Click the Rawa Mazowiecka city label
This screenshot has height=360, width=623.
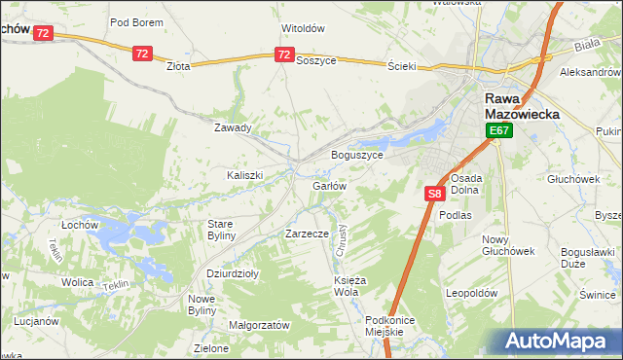click(522, 106)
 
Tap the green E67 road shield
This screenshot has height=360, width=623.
click(499, 131)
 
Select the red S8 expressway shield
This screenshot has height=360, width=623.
click(435, 196)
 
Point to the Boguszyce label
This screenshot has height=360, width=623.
click(357, 155)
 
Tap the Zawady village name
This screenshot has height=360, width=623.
click(233, 127)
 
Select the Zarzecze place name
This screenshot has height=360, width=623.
click(307, 234)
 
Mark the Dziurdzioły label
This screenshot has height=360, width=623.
click(233, 273)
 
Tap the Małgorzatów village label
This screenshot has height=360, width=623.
click(259, 324)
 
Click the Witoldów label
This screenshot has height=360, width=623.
click(302, 28)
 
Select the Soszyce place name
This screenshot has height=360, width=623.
click(315, 60)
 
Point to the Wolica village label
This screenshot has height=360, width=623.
click(77, 281)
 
